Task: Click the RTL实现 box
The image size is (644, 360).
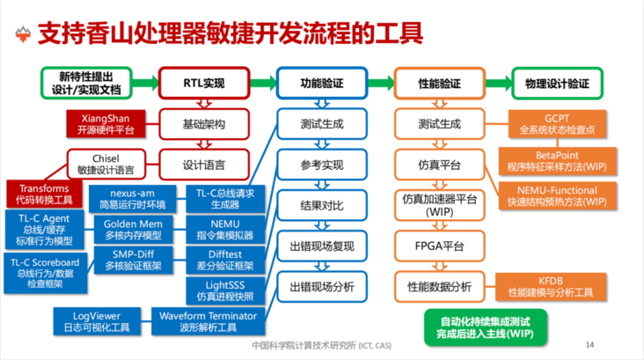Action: click(x=204, y=83)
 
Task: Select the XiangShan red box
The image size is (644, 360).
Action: click(x=106, y=124)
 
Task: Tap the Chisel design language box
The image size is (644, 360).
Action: click(x=106, y=165)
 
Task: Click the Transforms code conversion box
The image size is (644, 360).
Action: click(x=44, y=194)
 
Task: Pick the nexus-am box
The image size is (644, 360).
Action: click(x=132, y=199)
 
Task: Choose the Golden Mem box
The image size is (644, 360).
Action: click(x=133, y=230)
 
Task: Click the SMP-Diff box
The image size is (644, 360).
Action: click(x=133, y=260)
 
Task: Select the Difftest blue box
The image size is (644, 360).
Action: click(x=225, y=260)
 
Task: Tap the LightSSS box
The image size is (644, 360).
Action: click(x=225, y=290)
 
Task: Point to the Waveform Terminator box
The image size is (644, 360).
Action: click(x=208, y=321)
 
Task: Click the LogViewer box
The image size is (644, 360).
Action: click(x=97, y=321)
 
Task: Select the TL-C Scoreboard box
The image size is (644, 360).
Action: click(x=45, y=273)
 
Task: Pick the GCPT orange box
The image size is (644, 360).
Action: click(x=557, y=124)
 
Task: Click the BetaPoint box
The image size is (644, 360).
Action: click(x=557, y=161)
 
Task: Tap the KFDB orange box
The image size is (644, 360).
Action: click(x=551, y=286)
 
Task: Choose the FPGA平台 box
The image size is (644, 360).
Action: click(x=440, y=246)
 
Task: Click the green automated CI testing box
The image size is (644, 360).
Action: click(x=485, y=327)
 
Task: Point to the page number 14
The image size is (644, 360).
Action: click(x=589, y=344)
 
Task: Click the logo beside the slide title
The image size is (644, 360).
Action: click(x=23, y=34)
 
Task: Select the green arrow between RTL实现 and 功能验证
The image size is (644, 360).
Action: click(x=263, y=83)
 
